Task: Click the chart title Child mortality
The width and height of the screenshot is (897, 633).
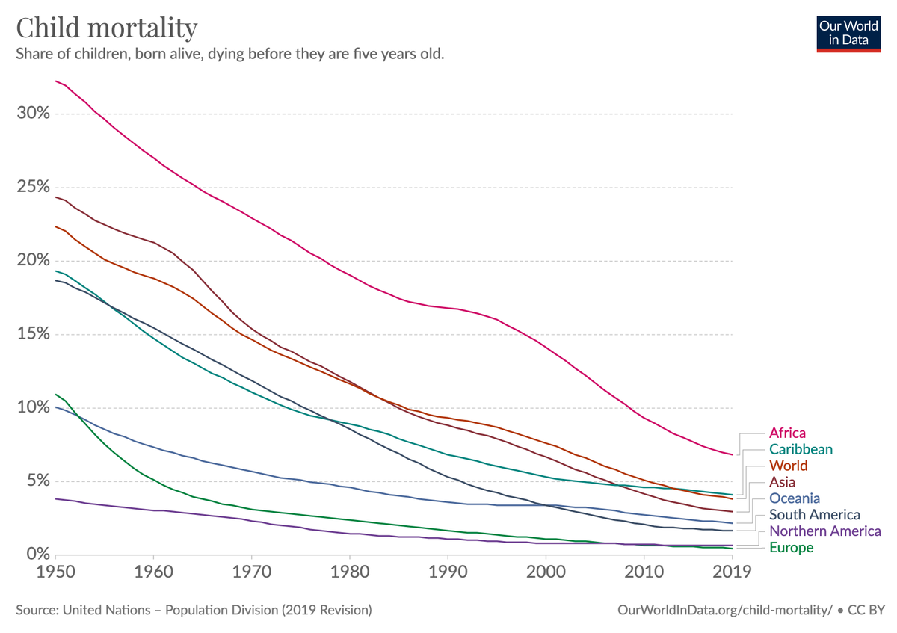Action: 106,28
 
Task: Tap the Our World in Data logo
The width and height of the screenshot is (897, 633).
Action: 848,34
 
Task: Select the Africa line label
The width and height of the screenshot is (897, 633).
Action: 787,433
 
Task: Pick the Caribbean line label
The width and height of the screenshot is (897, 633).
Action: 801,449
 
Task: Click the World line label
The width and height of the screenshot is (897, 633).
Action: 789,466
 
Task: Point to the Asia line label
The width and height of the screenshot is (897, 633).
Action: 782,482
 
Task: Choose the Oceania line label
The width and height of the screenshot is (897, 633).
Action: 795,498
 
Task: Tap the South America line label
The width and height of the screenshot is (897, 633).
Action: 815,514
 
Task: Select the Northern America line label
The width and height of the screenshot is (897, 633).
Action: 825,531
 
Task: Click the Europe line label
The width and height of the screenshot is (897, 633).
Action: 792,547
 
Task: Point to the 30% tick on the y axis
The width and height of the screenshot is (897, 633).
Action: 33,113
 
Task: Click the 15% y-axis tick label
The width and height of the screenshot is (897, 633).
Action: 33,333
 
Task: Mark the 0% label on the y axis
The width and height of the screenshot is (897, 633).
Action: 38,554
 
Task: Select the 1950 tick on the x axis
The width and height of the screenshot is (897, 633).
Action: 55,572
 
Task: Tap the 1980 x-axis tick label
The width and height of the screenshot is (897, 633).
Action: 350,572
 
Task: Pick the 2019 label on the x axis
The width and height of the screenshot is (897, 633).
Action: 732,572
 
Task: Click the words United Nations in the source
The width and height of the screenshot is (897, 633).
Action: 107,610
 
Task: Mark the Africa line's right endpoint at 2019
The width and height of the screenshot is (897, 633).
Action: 733,455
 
